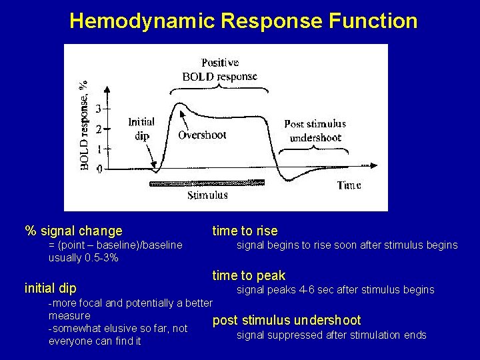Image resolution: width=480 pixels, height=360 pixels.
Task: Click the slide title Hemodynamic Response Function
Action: (x=243, y=21)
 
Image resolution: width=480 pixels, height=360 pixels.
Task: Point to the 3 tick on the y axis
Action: (x=99, y=108)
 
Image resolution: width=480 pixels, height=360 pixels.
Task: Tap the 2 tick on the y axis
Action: (x=99, y=129)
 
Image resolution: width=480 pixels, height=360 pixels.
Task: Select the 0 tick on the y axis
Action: (x=99, y=169)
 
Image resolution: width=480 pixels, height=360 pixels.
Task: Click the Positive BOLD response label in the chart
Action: (x=219, y=69)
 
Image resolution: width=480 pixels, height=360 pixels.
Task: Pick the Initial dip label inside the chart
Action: (x=141, y=129)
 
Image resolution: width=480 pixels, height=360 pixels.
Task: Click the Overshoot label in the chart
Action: (x=202, y=135)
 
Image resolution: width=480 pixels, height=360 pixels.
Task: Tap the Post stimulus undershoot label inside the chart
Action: (x=315, y=131)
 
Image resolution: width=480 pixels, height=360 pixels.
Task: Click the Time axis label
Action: (x=349, y=185)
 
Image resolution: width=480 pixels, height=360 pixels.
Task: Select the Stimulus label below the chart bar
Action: (x=207, y=195)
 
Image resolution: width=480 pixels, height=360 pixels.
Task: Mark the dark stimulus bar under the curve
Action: (x=207, y=182)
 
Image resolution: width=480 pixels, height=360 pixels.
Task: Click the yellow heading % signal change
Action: (x=73, y=231)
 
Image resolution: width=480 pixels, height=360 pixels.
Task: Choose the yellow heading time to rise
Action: (x=245, y=231)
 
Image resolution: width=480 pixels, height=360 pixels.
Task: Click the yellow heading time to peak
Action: (x=249, y=275)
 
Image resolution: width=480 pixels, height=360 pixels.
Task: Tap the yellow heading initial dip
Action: (x=50, y=289)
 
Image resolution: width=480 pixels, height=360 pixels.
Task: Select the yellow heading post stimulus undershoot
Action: (x=286, y=321)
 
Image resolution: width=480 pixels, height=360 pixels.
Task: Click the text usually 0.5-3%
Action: (x=83, y=258)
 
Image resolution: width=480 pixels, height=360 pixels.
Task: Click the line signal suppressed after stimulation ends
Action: (x=331, y=335)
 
